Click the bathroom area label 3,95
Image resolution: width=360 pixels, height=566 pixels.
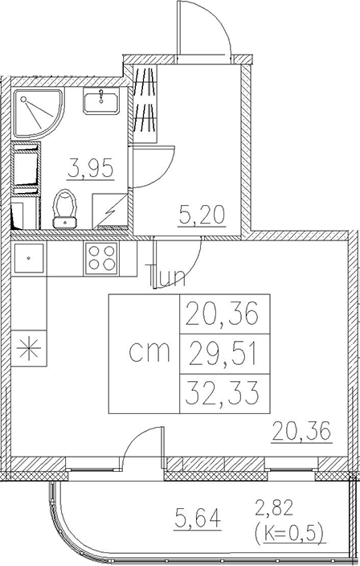(x=91, y=169)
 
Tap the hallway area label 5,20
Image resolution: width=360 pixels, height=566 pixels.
(x=202, y=215)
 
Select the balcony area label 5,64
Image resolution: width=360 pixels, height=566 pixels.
(x=197, y=517)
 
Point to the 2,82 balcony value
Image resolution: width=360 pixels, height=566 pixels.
(x=274, y=507)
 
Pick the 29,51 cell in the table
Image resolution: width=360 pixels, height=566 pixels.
(x=225, y=354)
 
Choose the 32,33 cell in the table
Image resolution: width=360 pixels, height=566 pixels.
(x=225, y=393)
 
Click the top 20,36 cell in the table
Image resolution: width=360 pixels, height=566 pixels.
(x=225, y=314)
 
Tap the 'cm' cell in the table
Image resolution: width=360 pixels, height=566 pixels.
(x=145, y=354)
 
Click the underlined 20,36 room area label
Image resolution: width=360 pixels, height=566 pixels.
(x=301, y=432)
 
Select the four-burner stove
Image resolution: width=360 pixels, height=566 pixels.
(x=101, y=258)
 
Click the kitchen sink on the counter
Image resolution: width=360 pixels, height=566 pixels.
(x=29, y=258)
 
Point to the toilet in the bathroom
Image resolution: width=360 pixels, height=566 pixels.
(x=65, y=209)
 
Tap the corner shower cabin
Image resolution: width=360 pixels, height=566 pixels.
(x=39, y=113)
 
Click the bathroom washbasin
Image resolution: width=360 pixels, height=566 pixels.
(x=101, y=100)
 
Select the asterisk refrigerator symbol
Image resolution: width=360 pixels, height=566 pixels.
(x=30, y=348)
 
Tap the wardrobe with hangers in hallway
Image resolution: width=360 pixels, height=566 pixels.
(x=145, y=105)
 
